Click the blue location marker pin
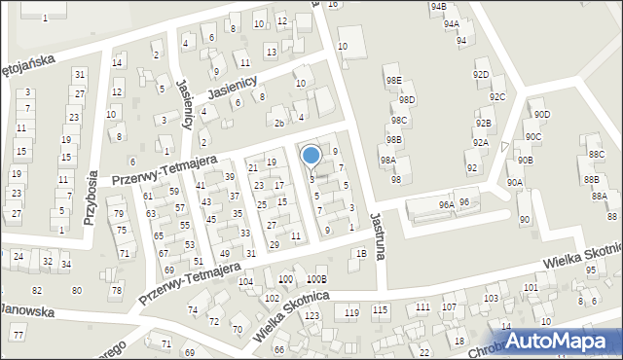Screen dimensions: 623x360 pyautogui.click(x=311, y=156)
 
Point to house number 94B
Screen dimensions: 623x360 pyautogui.click(x=438, y=7)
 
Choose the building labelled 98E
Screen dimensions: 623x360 pyautogui.click(x=393, y=80)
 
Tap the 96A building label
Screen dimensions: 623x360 pyautogui.click(x=446, y=205)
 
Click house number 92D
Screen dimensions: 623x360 pyautogui.click(x=481, y=74)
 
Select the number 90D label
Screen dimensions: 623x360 pyautogui.click(x=541, y=115)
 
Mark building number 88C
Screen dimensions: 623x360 pyautogui.click(x=596, y=155)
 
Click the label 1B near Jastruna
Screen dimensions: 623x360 pyautogui.click(x=361, y=254)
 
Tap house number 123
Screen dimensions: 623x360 pyautogui.click(x=311, y=316)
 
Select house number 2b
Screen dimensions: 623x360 pyautogui.click(x=279, y=123)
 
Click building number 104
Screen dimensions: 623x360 pyautogui.click(x=246, y=281)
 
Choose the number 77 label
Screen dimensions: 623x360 pyautogui.click(x=18, y=335)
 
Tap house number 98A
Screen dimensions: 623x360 pyautogui.click(x=387, y=160)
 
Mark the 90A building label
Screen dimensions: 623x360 pyautogui.click(x=515, y=182)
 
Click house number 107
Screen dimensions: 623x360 pyautogui.click(x=449, y=307)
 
